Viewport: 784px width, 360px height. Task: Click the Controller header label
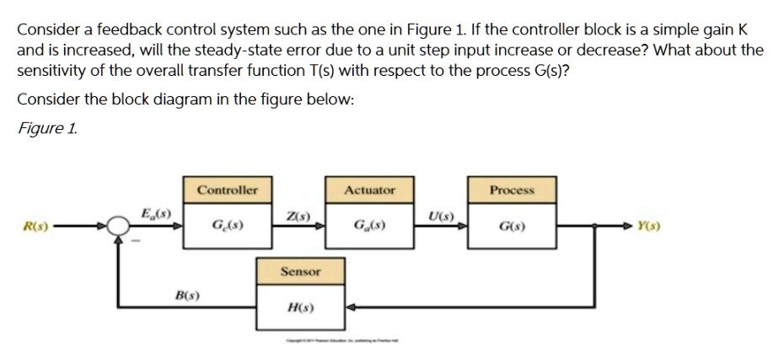(228, 191)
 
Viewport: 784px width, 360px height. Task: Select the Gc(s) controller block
(228, 226)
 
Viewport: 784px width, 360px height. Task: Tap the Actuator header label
(369, 191)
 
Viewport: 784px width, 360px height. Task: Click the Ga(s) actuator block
(369, 226)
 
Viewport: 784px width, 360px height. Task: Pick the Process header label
(512, 191)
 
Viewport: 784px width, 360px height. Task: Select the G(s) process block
(512, 226)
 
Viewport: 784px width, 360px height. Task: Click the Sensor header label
(300, 271)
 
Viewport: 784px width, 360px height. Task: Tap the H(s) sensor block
(300, 308)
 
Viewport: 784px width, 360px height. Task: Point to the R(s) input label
(35, 226)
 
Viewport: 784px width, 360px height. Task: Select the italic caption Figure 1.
(48, 127)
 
